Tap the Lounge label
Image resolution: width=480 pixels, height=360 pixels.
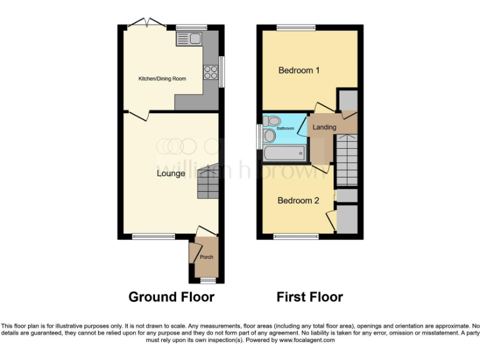(x=171, y=173)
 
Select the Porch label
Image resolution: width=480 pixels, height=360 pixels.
(x=206, y=257)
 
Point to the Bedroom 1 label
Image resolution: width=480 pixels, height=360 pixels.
(x=299, y=71)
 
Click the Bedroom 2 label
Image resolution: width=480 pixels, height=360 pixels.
(x=298, y=201)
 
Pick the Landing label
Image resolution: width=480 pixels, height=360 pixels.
(x=324, y=127)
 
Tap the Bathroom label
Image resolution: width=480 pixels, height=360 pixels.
(x=286, y=128)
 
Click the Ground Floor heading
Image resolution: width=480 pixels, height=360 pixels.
(x=171, y=297)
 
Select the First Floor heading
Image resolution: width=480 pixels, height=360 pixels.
(x=310, y=297)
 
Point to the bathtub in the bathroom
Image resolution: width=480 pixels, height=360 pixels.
(x=284, y=153)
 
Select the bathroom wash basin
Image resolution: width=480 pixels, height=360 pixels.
(x=269, y=136)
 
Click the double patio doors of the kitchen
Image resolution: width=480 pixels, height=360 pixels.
(x=147, y=24)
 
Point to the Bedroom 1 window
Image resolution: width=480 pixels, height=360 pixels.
(x=297, y=27)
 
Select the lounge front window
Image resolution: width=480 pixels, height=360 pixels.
(x=153, y=236)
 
